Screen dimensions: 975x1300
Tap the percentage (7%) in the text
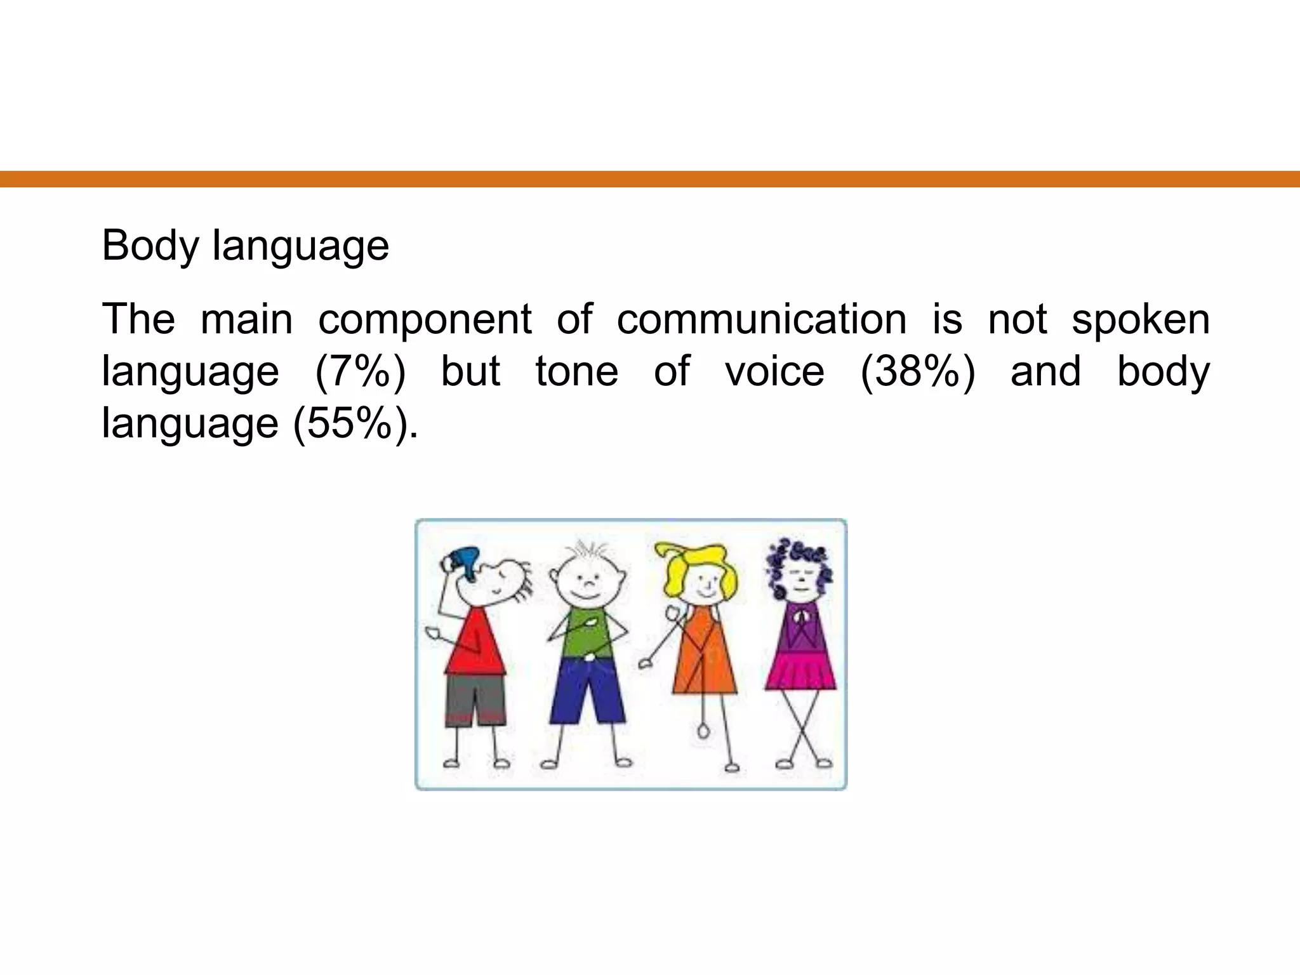point(360,371)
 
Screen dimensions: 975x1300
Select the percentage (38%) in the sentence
point(917,371)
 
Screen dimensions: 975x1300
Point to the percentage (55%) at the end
point(354,423)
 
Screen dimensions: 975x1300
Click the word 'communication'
point(762,319)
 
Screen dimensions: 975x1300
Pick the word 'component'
point(425,319)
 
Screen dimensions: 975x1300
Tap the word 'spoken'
point(1141,319)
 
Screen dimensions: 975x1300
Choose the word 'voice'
point(774,371)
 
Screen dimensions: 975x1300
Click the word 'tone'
point(576,371)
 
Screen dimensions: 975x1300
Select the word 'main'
point(247,319)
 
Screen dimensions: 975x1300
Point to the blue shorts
point(587,692)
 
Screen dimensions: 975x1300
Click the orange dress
point(705,660)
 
